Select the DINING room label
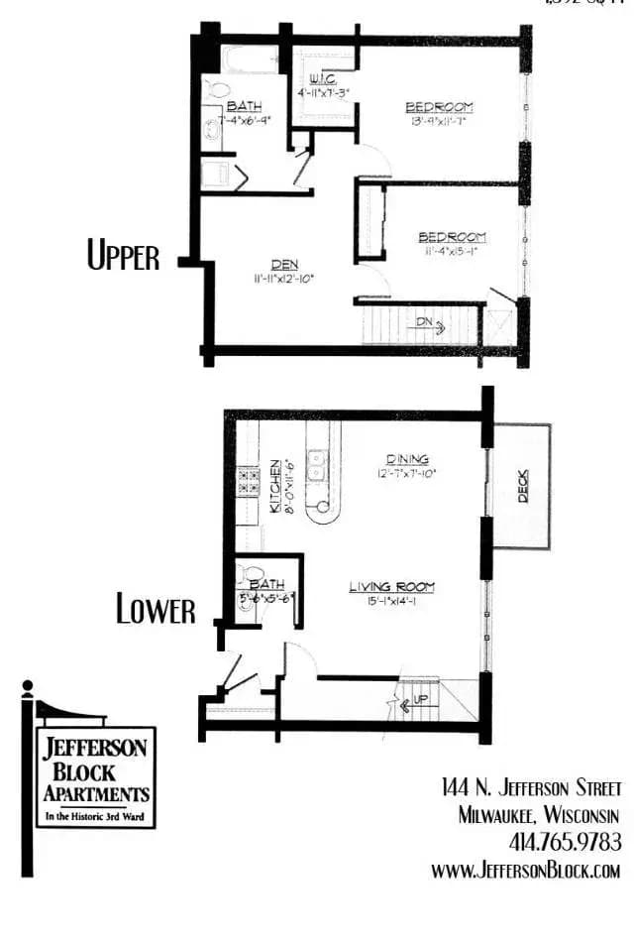[x=407, y=459]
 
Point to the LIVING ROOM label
[x=391, y=587]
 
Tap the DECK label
[x=523, y=486]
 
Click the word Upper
[x=123, y=257]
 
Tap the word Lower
[x=156, y=609]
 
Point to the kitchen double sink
[x=318, y=465]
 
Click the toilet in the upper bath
[x=214, y=90]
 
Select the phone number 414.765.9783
[x=565, y=842]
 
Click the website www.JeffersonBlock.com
[x=525, y=870]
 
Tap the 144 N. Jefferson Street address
[x=531, y=788]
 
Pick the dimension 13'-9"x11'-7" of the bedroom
[x=439, y=121]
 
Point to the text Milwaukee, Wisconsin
[x=539, y=815]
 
